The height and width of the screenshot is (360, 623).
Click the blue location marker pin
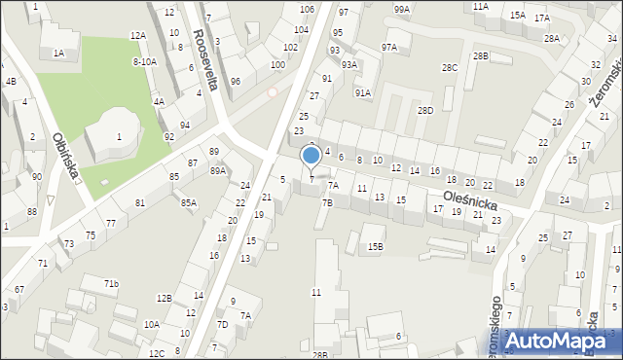point(311,156)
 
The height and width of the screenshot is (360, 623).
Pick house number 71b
point(112,284)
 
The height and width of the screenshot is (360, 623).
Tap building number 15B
point(375,246)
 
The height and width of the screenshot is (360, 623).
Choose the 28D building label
point(425,110)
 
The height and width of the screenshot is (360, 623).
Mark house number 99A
point(402,9)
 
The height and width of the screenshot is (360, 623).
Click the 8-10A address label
point(144,61)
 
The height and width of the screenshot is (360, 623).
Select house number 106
point(307,9)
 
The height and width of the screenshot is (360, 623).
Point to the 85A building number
point(188,202)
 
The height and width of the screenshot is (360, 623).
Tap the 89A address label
point(217,170)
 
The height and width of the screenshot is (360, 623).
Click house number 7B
point(327,202)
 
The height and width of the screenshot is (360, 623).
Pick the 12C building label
point(157,353)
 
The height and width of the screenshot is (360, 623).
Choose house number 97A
point(389,47)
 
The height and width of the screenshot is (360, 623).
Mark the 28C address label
point(449,68)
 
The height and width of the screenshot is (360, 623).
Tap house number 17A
point(541,18)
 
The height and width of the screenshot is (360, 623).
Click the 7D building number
point(222,325)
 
